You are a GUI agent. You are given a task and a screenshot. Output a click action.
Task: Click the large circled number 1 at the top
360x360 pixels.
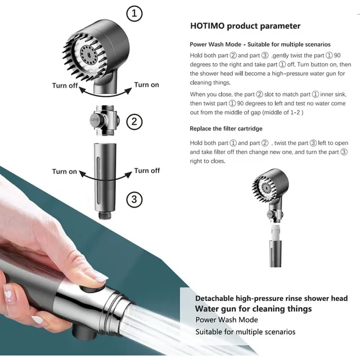point(134,13)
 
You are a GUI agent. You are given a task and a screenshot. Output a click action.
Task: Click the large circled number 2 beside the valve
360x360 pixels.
point(134,121)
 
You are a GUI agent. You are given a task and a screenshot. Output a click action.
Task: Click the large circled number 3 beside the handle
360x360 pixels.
point(134,199)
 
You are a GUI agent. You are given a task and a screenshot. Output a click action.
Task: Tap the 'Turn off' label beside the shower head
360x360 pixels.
point(65,85)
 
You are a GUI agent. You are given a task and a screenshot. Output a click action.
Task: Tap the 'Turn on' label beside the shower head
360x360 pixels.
point(146,85)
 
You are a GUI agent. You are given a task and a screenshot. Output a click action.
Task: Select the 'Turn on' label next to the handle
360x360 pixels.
point(64,172)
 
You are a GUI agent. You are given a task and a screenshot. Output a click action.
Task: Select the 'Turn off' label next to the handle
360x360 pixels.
point(147,170)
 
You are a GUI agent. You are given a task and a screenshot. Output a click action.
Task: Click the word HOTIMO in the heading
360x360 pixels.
point(207,26)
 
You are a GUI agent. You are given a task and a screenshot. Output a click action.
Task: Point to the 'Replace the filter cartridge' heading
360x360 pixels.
point(226,129)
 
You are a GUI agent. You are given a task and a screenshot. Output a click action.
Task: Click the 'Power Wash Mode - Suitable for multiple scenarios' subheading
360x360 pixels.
point(260,44)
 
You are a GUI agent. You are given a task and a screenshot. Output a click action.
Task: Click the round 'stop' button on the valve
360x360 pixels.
point(94,120)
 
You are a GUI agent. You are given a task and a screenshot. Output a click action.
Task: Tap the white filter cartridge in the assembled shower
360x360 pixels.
point(276,232)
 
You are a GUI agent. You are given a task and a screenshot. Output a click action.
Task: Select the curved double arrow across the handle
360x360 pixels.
point(105,179)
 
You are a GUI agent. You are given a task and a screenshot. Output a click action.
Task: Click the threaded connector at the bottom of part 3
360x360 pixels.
point(105,215)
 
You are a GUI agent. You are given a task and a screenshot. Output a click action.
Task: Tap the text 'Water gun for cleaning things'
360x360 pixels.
point(253,309)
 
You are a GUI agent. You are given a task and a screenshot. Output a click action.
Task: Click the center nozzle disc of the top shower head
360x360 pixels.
point(89,55)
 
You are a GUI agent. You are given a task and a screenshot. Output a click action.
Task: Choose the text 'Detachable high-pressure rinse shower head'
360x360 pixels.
point(271,298)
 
